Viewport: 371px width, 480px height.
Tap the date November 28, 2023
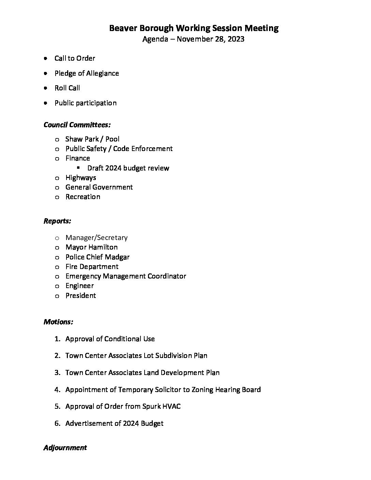[210, 39]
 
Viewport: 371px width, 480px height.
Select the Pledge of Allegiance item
[87, 73]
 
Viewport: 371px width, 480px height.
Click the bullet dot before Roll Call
[45, 88]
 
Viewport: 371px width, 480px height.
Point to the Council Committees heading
[77, 125]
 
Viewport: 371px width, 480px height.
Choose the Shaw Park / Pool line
[92, 139]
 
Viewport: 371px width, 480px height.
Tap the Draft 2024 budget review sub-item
[128, 168]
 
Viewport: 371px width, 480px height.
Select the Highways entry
[81, 178]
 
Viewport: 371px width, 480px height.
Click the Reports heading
[57, 221]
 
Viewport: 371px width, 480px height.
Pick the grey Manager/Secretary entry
[97, 238]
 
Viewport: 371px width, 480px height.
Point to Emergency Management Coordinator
[126, 276]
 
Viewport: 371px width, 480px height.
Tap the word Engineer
[79, 286]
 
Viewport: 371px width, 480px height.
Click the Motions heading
[58, 322]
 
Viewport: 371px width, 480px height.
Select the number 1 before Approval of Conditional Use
[57, 339]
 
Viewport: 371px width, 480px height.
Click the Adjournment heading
[65, 448]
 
